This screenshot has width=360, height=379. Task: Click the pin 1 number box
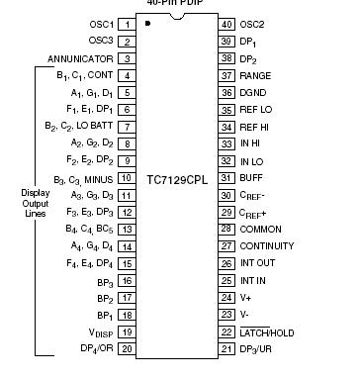coord(128,23)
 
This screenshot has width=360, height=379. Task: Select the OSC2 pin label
coord(254,24)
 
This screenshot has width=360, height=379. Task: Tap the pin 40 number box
coord(226,24)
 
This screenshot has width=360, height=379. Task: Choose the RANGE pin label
coord(256,75)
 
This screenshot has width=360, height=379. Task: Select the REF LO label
coord(257,110)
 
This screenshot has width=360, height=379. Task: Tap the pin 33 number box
coord(226,143)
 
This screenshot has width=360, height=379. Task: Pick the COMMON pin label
coord(262,229)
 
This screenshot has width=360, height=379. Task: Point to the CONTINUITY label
coord(267,245)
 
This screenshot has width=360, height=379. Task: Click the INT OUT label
coord(259,263)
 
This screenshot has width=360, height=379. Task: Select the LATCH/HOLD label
coord(270,332)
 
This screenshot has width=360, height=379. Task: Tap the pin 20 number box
coord(128,348)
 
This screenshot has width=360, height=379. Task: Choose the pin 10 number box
coord(128,177)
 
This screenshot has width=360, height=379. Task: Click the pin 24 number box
coord(226,297)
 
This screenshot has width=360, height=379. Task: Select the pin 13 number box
coord(128,229)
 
